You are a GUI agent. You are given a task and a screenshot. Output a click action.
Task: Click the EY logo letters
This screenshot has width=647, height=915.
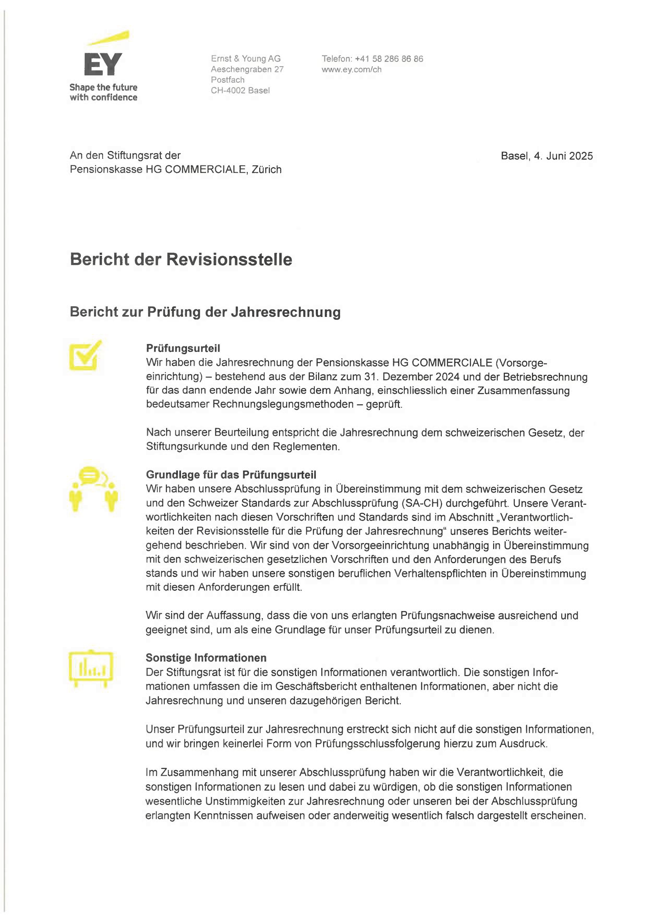pyautogui.click(x=103, y=65)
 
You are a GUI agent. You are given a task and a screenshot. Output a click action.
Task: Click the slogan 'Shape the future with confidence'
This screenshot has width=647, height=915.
pyautogui.click(x=103, y=92)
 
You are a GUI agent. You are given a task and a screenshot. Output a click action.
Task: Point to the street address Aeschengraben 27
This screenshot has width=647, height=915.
pyautogui.click(x=247, y=69)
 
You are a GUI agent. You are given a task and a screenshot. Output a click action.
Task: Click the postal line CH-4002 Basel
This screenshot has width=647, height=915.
pyautogui.click(x=240, y=91)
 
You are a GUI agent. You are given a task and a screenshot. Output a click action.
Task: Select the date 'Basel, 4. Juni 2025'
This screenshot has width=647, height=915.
pyautogui.click(x=547, y=156)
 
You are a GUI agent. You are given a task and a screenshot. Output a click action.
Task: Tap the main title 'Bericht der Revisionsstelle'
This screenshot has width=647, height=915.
pyautogui.click(x=181, y=260)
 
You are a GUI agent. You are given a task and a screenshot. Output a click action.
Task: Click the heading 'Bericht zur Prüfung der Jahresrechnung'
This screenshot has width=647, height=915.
pyautogui.click(x=205, y=312)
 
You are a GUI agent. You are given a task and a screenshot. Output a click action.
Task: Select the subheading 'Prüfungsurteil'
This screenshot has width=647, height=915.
pyautogui.click(x=183, y=348)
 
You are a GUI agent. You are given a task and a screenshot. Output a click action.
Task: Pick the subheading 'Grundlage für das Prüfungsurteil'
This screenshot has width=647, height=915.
pyautogui.click(x=231, y=475)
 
